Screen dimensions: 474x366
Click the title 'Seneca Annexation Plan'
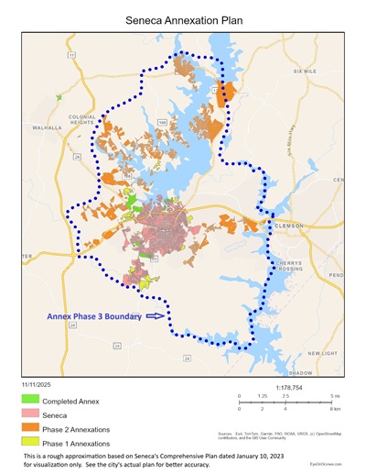pyautogui.click(x=183, y=17)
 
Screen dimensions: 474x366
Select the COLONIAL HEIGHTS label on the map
pyautogui.click(x=81, y=120)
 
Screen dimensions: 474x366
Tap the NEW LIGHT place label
pyautogui.click(x=322, y=352)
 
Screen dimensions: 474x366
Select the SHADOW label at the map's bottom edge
pyautogui.click(x=300, y=373)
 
